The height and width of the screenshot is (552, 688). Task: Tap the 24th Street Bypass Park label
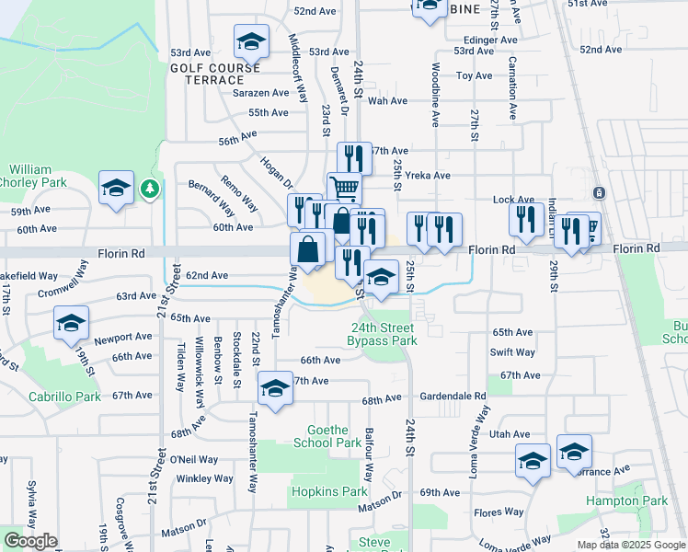381,334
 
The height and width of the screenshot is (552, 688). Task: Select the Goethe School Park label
327,436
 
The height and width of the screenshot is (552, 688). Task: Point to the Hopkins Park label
328,491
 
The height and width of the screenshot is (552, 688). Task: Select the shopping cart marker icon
344,188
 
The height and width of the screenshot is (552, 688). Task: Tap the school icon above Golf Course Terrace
250,41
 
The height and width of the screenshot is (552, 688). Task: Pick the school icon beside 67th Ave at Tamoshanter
275,388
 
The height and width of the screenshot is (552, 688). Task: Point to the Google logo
29,541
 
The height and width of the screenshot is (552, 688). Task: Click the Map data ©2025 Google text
631,545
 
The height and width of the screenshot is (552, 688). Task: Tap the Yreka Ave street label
429,175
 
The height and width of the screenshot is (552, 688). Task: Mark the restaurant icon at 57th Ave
354,158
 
